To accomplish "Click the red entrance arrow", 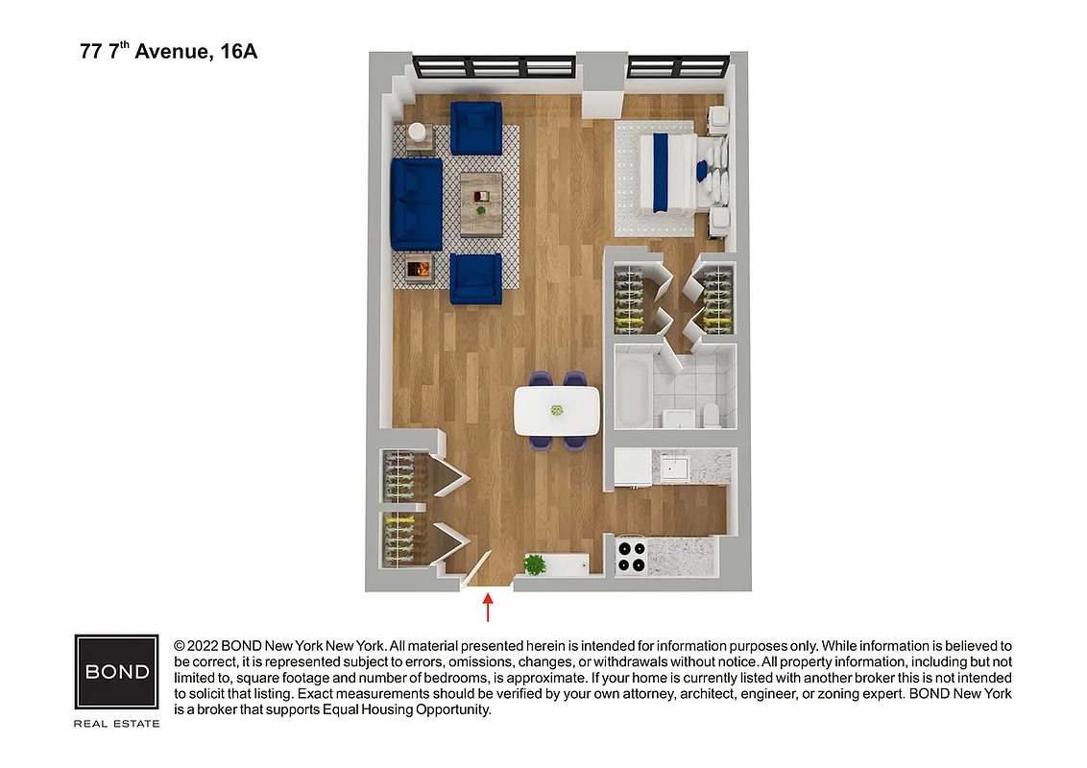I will pos(488,608).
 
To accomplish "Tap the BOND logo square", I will pos(117,671).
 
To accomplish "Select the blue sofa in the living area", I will pos(416,204).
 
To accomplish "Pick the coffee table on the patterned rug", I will pos(480,203).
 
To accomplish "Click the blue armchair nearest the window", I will pos(476,128).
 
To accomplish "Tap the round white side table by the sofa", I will pos(419,132).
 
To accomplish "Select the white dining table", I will pos(557,410).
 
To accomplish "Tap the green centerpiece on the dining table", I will pos(556,410).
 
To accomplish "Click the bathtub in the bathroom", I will pos(633,393).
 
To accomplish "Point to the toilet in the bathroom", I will pos(712,415).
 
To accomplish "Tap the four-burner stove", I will pos(631,557).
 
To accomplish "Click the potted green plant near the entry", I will pos(535,564).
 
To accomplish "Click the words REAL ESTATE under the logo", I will pos(117,723).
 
